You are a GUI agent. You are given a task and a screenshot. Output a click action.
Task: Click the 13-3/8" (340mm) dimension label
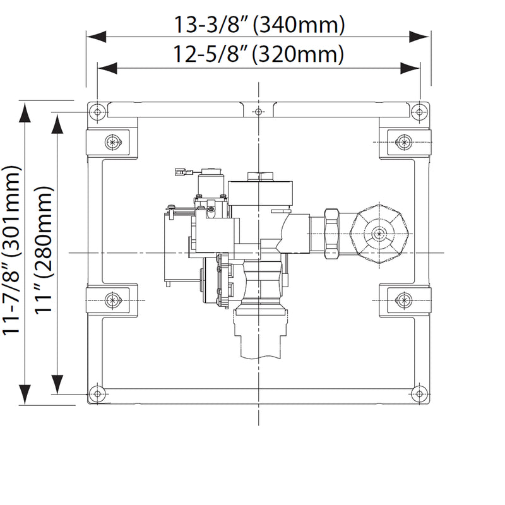tap(259, 25)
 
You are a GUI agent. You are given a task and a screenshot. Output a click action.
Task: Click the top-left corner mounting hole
tap(97, 112)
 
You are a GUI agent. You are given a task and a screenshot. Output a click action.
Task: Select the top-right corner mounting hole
tap(420, 112)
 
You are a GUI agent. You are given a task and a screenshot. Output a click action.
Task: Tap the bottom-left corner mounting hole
tap(97, 393)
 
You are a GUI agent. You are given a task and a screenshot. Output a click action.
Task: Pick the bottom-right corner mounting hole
tap(420, 393)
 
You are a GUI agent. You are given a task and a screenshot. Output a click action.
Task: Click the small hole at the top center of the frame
tap(259, 112)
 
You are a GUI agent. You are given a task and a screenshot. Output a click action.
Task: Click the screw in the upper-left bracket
tap(113, 142)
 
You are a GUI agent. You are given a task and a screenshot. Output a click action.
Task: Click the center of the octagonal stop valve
tap(378, 234)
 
